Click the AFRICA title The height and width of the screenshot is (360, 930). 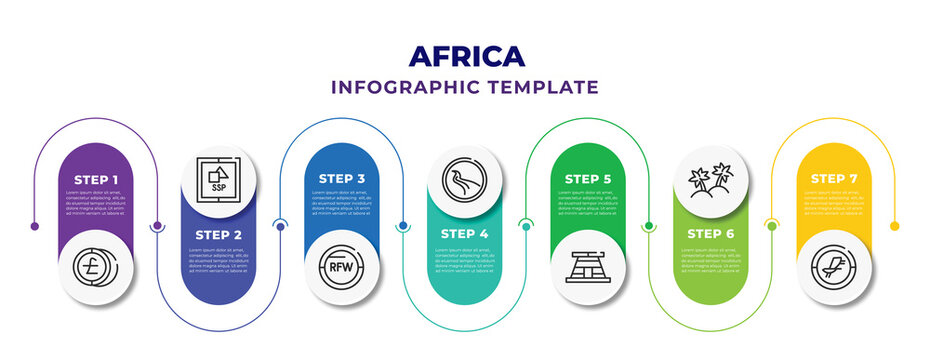[x=465, y=55]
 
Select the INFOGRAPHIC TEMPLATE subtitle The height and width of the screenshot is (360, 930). [x=465, y=87]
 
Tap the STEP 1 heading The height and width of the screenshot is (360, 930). [x=96, y=178]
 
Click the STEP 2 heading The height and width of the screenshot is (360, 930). [x=218, y=235]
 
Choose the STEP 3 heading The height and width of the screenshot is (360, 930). [x=342, y=178]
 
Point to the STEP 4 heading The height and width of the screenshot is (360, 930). [x=465, y=235]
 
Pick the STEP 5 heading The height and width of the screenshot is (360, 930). [x=588, y=178]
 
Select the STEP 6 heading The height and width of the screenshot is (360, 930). [x=712, y=235]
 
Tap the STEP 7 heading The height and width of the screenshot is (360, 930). [x=835, y=178]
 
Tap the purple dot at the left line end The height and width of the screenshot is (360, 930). [x=35, y=226]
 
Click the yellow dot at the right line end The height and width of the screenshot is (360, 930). [x=895, y=226]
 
